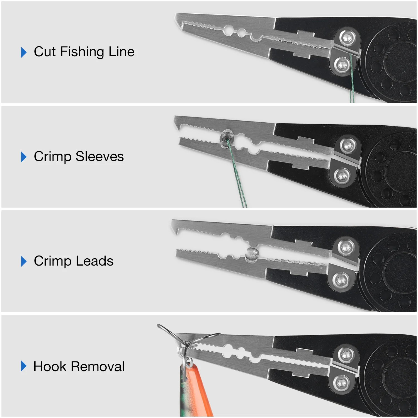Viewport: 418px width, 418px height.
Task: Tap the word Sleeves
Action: point(99,156)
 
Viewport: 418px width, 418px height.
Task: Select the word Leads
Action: point(94,261)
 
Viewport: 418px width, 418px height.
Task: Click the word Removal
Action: point(98,366)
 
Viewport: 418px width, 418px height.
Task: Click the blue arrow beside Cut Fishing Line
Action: point(24,52)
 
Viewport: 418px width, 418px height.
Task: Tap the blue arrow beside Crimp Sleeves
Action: point(24,157)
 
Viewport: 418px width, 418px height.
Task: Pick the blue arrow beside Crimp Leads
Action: point(24,261)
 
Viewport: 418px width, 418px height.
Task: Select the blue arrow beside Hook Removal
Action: point(24,366)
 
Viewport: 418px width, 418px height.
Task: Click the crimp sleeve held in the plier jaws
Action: point(226,137)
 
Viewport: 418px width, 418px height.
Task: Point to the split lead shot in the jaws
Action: point(252,254)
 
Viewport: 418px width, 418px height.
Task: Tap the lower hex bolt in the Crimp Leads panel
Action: point(340,280)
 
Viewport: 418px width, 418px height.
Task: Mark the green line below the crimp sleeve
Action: point(237,176)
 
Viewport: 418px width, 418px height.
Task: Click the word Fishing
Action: point(82,52)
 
